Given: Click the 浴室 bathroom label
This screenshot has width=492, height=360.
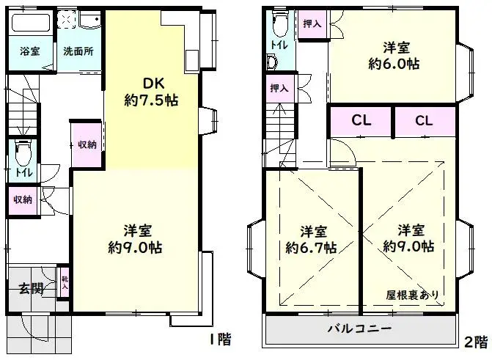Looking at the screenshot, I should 29,52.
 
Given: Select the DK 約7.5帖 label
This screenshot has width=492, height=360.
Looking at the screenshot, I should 151,92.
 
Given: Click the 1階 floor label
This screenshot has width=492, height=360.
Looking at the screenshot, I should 219,339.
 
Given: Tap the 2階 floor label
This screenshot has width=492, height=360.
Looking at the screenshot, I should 476,341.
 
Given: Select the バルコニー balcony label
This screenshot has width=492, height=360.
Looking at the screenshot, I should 359,328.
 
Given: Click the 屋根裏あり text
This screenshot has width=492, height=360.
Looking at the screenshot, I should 414,295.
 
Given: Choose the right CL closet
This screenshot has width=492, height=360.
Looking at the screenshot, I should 425,121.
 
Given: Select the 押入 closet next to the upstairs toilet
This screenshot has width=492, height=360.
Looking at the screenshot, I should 312,24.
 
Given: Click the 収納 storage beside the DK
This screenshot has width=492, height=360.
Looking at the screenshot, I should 87,144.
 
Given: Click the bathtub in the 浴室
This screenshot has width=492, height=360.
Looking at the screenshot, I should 30,22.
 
